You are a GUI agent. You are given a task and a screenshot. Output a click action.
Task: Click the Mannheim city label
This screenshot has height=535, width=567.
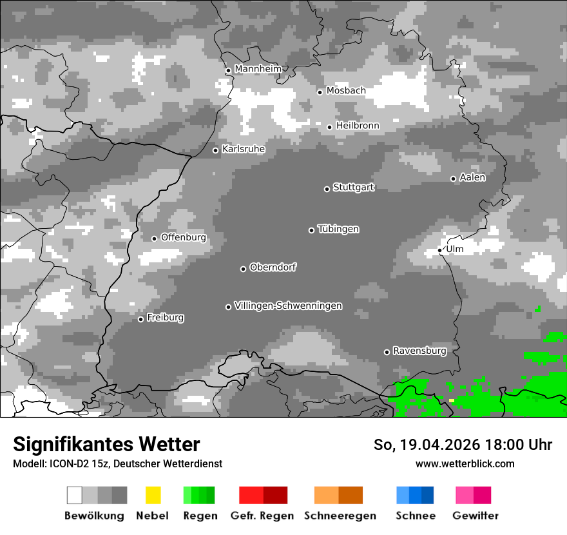pyautogui.click(x=258, y=69)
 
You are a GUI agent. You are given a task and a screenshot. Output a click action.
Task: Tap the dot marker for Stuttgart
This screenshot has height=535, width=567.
pyautogui.click(x=327, y=189)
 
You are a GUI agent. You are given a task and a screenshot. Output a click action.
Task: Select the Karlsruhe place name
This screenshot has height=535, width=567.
pyautogui.click(x=244, y=149)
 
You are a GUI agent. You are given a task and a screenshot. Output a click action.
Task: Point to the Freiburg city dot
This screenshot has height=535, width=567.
pyautogui.click(x=140, y=319)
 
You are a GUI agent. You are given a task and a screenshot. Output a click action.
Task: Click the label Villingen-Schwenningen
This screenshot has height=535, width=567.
pyautogui.click(x=288, y=306)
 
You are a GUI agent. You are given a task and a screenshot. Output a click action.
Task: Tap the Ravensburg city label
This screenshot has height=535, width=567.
pyautogui.click(x=419, y=351)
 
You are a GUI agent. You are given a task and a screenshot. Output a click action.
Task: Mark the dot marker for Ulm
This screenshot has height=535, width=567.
pyautogui.click(x=439, y=250)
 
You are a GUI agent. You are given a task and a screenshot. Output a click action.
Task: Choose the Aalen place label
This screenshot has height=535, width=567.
pyautogui.click(x=472, y=177)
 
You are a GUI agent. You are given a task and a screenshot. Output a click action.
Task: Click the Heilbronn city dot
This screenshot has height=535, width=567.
pyautogui.click(x=329, y=127)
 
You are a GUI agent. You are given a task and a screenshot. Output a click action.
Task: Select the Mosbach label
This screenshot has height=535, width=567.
pyautogui.click(x=345, y=91)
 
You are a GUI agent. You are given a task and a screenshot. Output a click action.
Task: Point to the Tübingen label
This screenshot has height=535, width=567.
pyautogui.click(x=338, y=229)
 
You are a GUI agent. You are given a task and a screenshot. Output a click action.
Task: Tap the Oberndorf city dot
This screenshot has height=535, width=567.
pyautogui.click(x=243, y=269)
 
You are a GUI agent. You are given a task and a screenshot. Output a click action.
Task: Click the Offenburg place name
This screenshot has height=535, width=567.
pyautogui.click(x=183, y=237)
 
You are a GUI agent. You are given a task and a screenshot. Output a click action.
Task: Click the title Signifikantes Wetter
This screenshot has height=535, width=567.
pyautogui.click(x=106, y=444)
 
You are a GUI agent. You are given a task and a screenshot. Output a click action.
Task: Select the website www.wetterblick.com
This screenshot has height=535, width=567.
pyautogui.click(x=465, y=463)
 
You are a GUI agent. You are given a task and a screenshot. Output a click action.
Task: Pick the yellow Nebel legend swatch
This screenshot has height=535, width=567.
pyautogui.click(x=153, y=495)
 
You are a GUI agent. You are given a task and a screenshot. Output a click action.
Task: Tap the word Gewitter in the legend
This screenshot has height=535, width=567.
pyautogui.click(x=476, y=516)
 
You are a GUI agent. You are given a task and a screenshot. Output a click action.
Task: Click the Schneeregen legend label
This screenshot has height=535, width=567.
pyautogui.click(x=340, y=516)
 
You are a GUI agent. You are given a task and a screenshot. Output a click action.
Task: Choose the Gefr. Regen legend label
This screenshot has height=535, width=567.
pyautogui.click(x=262, y=516)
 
